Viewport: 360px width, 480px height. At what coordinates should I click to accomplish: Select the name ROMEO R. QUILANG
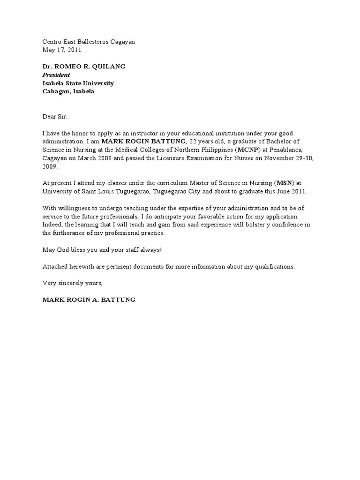click(90, 67)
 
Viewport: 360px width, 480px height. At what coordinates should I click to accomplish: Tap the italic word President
click(56, 75)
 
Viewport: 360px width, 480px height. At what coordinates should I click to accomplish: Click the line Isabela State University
click(78, 83)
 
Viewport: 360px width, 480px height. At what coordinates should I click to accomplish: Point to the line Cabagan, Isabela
click(68, 92)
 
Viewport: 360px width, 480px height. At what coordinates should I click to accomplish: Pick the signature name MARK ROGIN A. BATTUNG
click(89, 300)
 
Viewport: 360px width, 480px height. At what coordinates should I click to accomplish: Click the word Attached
click(55, 267)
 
